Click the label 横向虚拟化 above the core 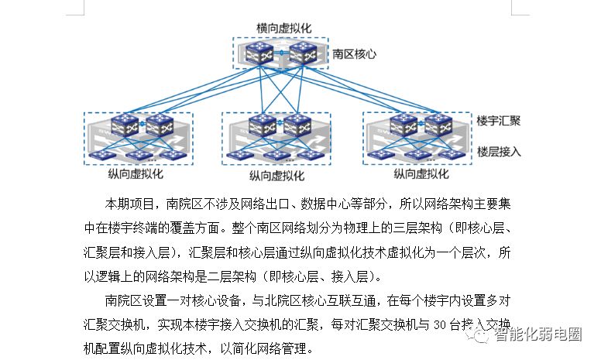pyautogui.click(x=283, y=28)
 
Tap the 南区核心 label pyautogui.click(x=354, y=54)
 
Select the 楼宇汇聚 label pyautogui.click(x=498, y=121)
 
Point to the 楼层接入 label pyautogui.click(x=499, y=152)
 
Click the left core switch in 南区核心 pyautogui.click(x=259, y=53)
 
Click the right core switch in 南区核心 pyautogui.click(x=303, y=53)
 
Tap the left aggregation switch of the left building pyautogui.click(x=125, y=125)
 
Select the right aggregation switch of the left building pyautogui.click(x=160, y=125)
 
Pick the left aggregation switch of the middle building pyautogui.click(x=263, y=125)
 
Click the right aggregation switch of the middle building pyautogui.click(x=297, y=125)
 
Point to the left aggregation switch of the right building pyautogui.click(x=404, y=125)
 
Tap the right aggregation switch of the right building pyautogui.click(x=438, y=125)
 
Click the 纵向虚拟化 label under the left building pyautogui.click(x=136, y=174)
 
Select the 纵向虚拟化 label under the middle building pyautogui.click(x=276, y=176)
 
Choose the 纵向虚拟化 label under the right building pyautogui.click(x=421, y=174)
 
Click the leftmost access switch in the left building pyautogui.click(x=102, y=155)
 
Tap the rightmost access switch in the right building pyautogui.click(x=452, y=155)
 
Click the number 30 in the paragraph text pyautogui.click(x=440, y=325)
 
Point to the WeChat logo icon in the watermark pyautogui.click(x=478, y=335)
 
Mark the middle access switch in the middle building pyautogui.click(x=276, y=156)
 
